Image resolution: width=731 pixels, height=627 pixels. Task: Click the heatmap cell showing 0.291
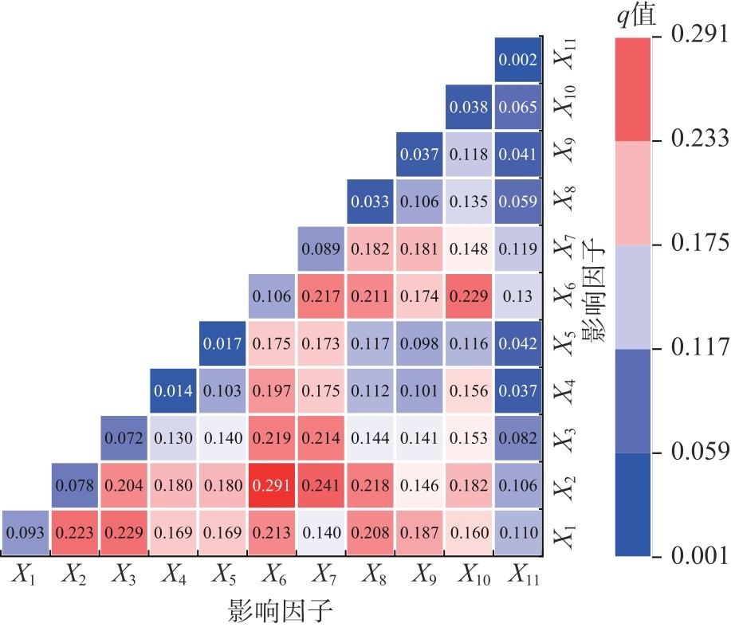pos(271,486)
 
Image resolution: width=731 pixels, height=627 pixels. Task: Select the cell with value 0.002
pos(518,60)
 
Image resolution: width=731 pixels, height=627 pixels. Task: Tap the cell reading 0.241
pos(320,486)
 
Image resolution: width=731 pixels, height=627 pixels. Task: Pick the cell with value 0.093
pos(25,533)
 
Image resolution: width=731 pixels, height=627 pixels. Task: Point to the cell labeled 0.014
pos(172,391)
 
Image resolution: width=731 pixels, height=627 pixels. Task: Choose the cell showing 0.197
pos(271,391)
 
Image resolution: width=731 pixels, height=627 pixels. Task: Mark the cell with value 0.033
pos(370,202)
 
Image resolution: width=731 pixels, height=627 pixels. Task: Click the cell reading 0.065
pos(518,107)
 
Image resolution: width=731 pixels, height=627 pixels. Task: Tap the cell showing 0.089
pos(320,249)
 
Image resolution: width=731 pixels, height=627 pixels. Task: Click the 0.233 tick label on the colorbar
pos(699,139)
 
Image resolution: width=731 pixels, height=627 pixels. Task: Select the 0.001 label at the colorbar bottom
pos(699,555)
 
